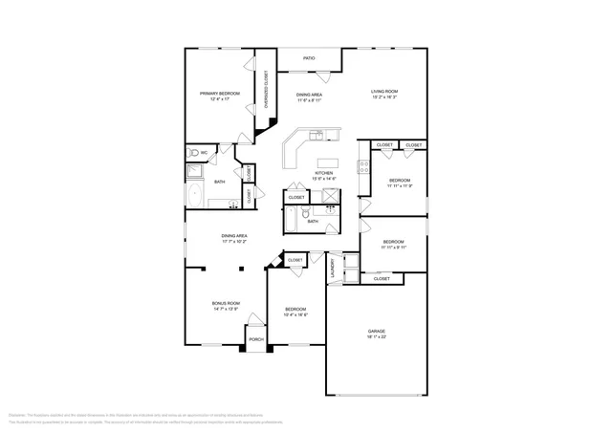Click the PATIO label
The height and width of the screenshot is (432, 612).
coord(309,58)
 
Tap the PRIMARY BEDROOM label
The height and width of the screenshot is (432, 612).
coord(219,94)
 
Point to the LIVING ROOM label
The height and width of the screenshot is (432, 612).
coord(384,92)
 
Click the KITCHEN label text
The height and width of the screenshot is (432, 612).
coord(324,173)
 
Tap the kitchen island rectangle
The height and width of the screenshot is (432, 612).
coord(326,161)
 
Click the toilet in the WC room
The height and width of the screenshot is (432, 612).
coord(194,153)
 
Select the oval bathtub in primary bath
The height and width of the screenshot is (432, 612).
coord(195,194)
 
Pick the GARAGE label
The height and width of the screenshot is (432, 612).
coord(377,331)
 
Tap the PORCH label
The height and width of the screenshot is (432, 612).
coord(255,339)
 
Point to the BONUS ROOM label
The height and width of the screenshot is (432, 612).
coord(226,303)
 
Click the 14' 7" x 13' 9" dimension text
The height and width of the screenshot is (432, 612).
coord(226,310)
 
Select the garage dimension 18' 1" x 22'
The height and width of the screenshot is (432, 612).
coord(377,337)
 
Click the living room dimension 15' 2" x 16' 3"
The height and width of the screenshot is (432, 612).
coord(384,98)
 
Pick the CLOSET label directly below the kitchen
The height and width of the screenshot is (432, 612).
coord(296,197)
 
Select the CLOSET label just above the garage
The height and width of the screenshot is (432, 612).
coord(382,279)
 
